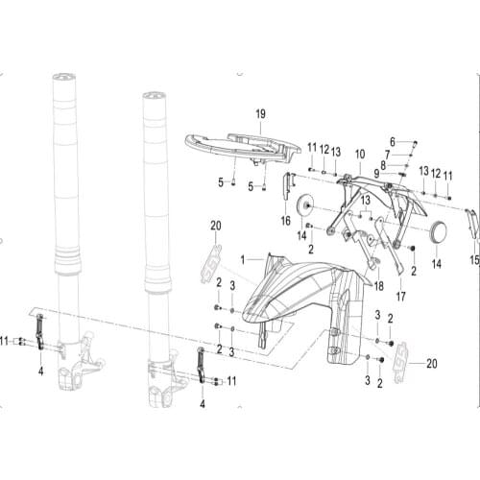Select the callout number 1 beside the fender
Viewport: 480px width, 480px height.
244,258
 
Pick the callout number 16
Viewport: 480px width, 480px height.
285,220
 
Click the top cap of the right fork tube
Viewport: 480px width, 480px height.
152,97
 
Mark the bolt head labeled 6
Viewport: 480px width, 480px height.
412,142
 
